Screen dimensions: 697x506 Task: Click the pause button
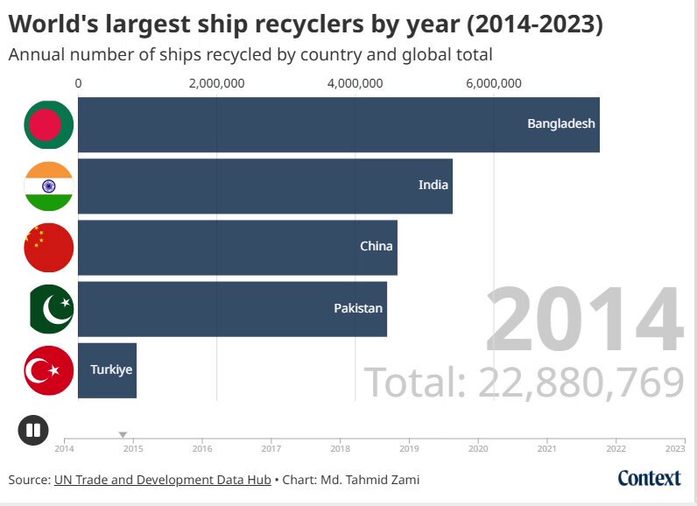tap(33, 430)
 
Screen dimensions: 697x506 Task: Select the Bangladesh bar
tap(339, 124)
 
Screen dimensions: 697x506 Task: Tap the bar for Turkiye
tap(107, 370)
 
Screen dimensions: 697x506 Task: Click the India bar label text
tap(433, 185)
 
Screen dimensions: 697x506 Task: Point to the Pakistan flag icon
tap(51, 309)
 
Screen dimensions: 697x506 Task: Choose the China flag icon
tap(49, 248)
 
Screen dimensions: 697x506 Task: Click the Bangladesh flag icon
tap(49, 124)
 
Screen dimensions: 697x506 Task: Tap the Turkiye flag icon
tap(49, 370)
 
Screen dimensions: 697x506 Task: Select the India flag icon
tap(49, 186)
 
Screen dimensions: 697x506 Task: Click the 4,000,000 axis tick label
tap(355, 83)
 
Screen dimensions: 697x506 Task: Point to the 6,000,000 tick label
tap(493, 83)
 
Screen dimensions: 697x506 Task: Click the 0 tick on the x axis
tap(78, 83)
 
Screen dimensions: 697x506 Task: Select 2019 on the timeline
tap(409, 449)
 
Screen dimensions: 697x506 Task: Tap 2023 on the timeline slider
tap(675, 449)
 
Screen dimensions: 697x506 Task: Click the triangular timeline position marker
tap(123, 435)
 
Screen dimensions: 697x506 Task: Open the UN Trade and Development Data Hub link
tap(163, 481)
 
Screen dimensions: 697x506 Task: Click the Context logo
tap(649, 479)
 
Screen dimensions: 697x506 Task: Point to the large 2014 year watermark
tap(584, 319)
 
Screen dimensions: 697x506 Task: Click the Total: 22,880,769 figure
tap(524, 382)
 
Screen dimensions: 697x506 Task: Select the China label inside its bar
tap(376, 246)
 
